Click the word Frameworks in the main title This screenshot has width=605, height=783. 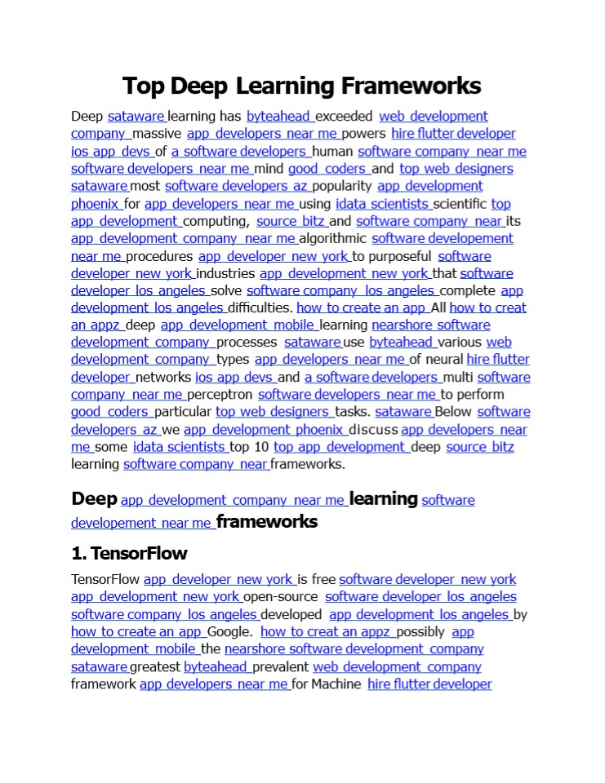411,86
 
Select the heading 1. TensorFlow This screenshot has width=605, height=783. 129,553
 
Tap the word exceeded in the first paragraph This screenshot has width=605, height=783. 344,117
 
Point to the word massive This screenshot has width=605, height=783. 157,134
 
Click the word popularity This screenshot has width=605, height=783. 341,186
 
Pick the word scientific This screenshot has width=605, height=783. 460,204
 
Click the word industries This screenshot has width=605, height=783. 226,273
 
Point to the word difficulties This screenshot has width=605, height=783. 260,307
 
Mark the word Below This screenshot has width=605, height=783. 453,412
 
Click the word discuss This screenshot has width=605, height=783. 374,430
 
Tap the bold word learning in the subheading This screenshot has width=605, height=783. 383,498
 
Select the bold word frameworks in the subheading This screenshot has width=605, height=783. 267,521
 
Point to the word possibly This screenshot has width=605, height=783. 421,631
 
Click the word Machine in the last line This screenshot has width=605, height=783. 336,683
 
